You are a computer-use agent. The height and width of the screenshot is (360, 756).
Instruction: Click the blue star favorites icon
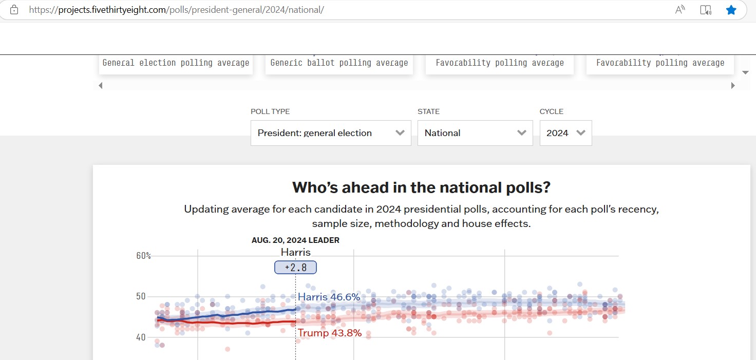coord(731,10)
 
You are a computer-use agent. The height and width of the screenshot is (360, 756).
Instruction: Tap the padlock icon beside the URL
coord(14,10)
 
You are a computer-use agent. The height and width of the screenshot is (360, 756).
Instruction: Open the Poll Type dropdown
coord(331,133)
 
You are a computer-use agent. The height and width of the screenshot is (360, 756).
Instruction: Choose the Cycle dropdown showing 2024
coord(565,133)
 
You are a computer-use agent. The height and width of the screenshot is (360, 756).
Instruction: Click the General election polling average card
coord(176,63)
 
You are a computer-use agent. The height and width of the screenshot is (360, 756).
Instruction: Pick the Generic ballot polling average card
coord(339,63)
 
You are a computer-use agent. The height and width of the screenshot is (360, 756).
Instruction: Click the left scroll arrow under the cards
coord(101,86)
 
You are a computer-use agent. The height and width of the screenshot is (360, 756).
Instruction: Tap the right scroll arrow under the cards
coord(733,86)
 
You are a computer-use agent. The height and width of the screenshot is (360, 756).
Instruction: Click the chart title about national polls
coord(421,187)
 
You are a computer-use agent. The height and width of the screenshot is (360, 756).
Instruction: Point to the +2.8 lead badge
coord(295,268)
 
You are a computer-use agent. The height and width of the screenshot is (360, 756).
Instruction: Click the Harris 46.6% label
coord(329,297)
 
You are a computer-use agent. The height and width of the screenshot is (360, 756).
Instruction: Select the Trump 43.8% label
coord(330,333)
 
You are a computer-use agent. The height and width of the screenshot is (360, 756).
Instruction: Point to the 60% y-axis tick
coord(143,256)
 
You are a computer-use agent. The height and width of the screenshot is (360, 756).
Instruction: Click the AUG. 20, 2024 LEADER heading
coord(295,240)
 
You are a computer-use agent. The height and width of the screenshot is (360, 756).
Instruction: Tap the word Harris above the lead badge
coord(295,252)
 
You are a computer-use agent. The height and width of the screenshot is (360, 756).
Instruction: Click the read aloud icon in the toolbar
coord(680,10)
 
